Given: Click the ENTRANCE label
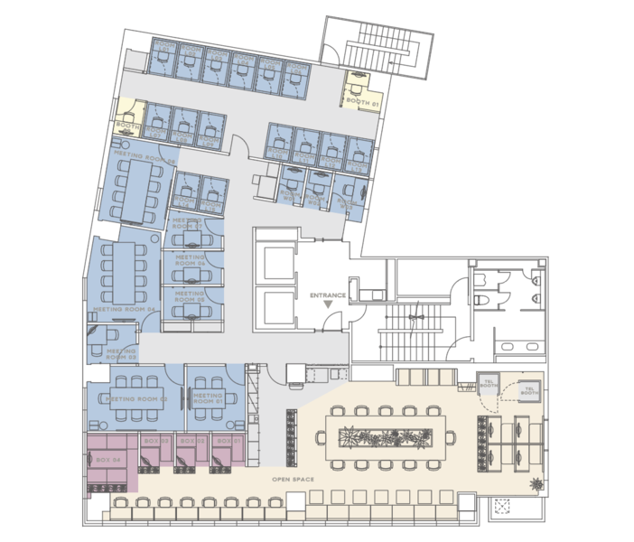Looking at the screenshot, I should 327,295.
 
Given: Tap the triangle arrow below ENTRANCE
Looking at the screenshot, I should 327,307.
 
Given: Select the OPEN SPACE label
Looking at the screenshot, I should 293,478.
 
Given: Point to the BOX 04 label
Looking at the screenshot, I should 107,460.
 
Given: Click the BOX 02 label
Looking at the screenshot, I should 188,441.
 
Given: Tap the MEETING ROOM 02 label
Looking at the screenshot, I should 135,398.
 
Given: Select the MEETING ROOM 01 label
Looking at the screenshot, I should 207,398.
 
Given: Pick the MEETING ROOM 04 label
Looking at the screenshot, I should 125,309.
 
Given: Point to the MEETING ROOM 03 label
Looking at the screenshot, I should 121,352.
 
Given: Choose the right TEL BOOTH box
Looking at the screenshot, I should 529,390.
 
